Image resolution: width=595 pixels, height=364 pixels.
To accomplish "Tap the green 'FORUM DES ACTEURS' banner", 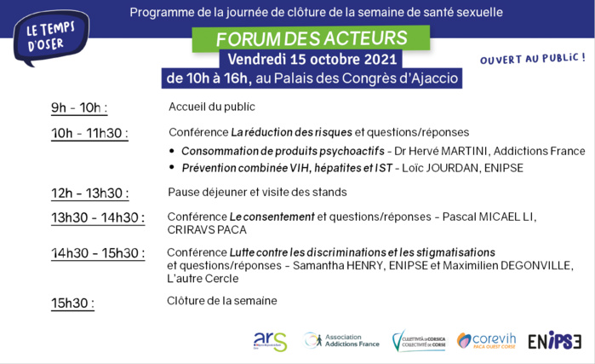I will (x=311, y=39).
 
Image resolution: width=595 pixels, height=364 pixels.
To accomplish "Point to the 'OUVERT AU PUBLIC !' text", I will (x=533, y=59).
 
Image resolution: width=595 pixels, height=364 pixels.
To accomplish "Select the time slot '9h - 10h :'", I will (x=79, y=107).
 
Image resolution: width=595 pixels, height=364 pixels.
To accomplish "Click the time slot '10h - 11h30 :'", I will (x=89, y=133).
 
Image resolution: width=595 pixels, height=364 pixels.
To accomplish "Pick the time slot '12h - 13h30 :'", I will (x=89, y=193).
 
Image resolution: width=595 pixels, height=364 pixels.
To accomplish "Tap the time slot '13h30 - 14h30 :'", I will (x=98, y=217).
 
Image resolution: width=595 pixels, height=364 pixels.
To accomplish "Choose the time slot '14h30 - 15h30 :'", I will (x=98, y=253).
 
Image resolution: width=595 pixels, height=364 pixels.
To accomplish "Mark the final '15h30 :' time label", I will (x=72, y=303).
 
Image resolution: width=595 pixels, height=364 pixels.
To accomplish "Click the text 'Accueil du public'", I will (x=211, y=107).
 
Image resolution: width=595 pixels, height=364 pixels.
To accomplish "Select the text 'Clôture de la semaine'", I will (x=221, y=301).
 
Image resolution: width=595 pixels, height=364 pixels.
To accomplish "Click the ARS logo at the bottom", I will (x=270, y=341).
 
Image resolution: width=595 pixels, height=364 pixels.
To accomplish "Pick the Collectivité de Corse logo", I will (x=418, y=341).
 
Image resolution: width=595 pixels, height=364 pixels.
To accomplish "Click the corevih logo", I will (x=488, y=341).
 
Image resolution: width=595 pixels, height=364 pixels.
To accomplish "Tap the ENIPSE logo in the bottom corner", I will (x=554, y=341).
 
